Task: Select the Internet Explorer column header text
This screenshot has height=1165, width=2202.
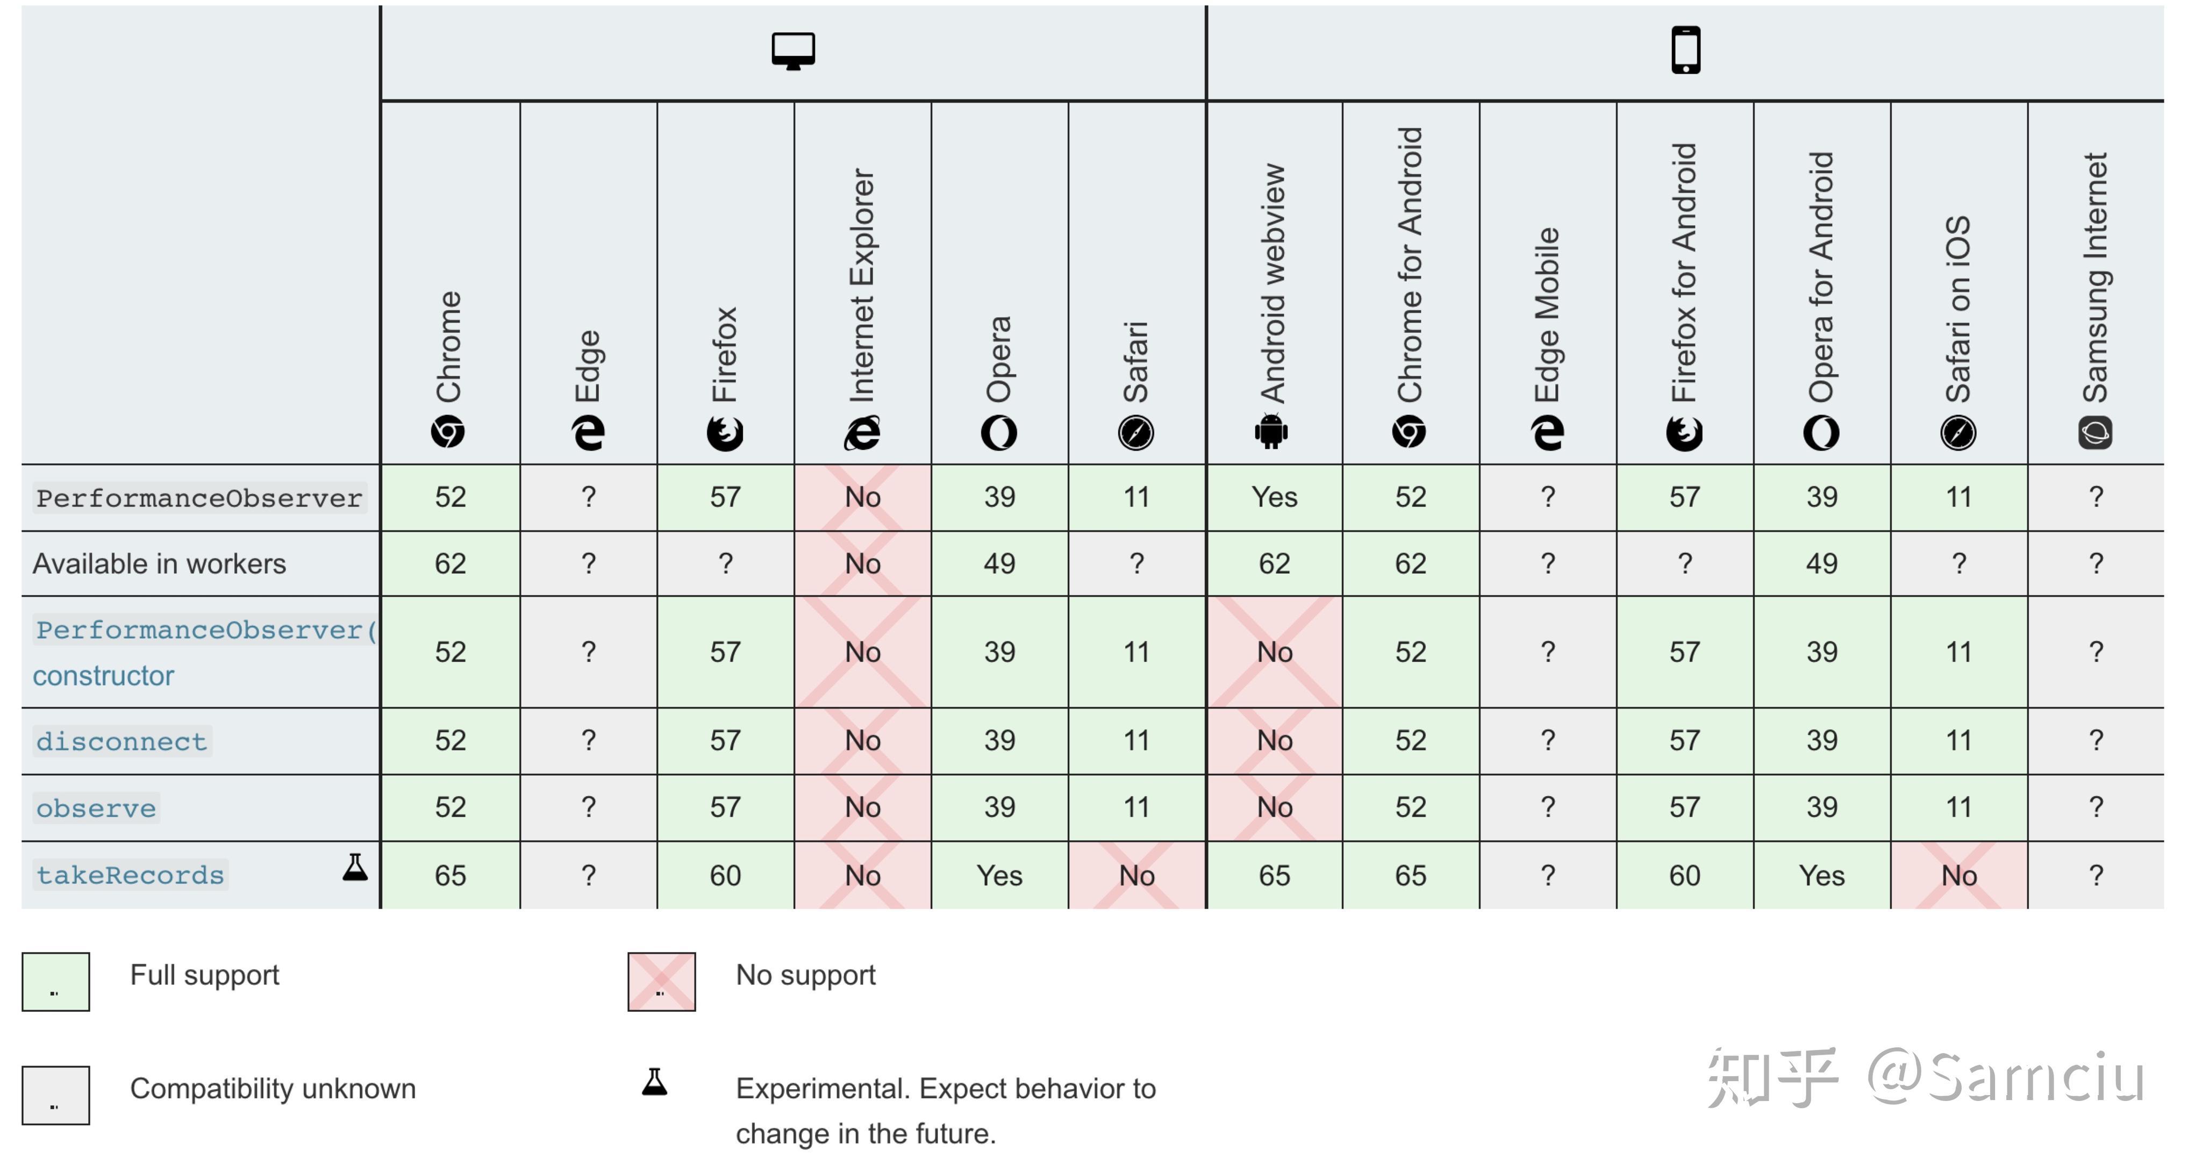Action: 862,284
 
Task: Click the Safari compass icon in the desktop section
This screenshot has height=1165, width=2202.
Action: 1135,432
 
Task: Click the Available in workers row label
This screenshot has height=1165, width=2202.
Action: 159,564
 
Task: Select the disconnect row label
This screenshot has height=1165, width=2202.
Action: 121,741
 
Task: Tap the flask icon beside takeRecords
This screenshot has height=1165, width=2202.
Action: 355,868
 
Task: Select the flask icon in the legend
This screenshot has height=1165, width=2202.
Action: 655,1082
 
